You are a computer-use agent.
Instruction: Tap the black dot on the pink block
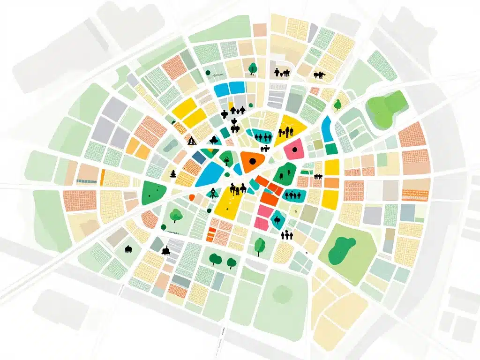pyautogui.click(x=294, y=150)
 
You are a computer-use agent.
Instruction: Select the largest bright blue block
pyautogui.click(x=210, y=174)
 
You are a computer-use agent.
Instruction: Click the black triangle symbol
pyautogui.click(x=191, y=141)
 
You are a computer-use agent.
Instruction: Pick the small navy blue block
pyautogui.click(x=199, y=157)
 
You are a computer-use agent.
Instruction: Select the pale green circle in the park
pyautogui.click(x=282, y=293)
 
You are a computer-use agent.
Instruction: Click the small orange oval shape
pyautogui.click(x=192, y=198)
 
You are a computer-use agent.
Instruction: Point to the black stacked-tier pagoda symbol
pyautogui.click(x=173, y=174)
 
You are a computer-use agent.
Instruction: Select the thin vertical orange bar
pyautogui.click(x=103, y=176)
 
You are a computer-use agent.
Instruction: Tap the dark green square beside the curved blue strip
pyautogui.click(x=331, y=149)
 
